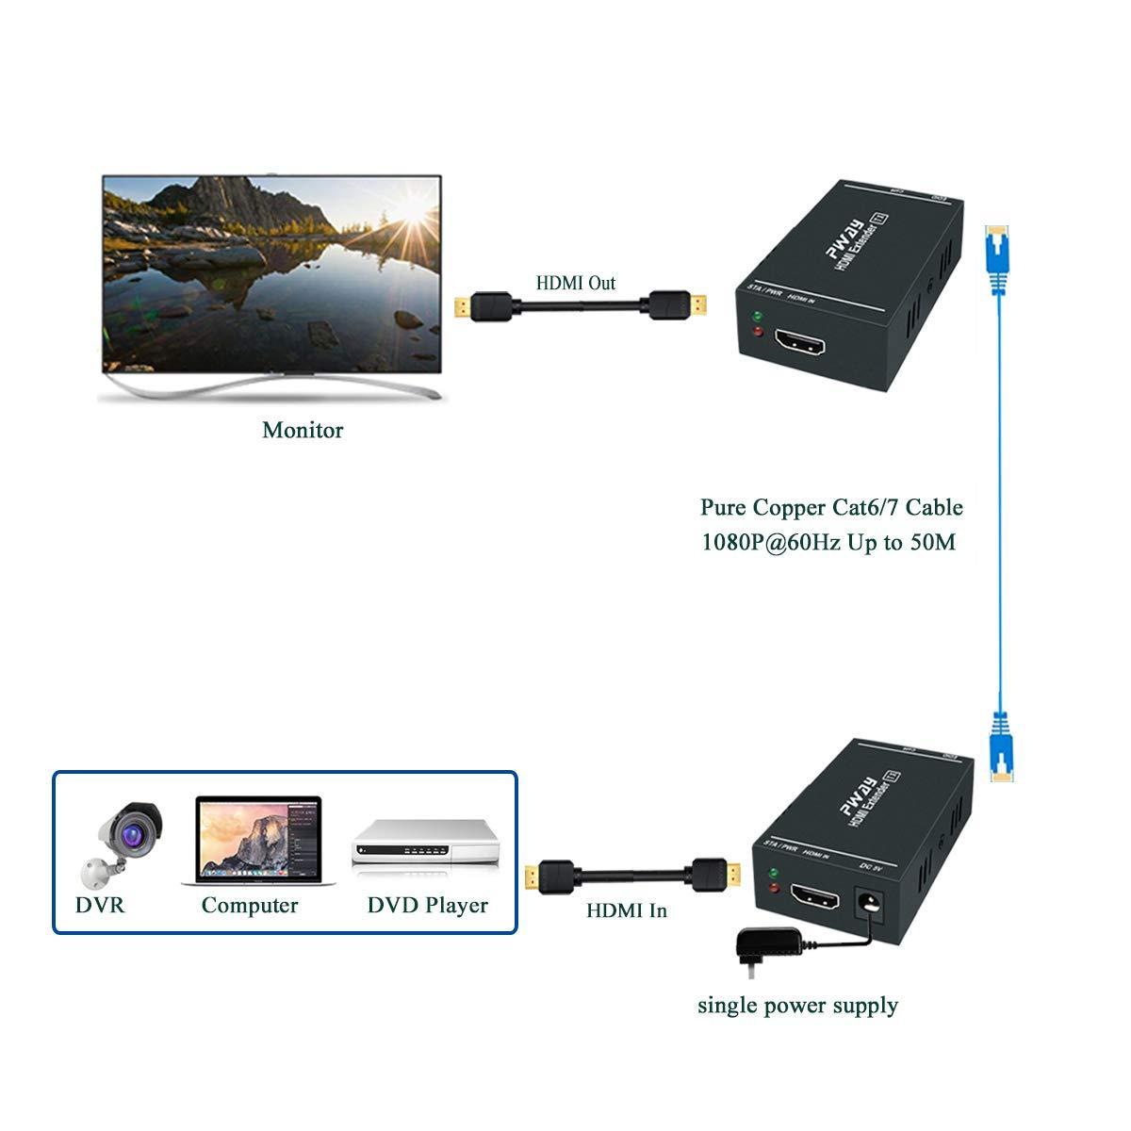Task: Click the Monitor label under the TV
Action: (302, 431)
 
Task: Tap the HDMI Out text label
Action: (575, 283)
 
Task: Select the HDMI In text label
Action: (626, 910)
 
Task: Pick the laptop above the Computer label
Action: (258, 841)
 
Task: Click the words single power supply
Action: (797, 1006)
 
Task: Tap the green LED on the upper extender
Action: (756, 316)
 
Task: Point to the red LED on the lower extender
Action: (774, 888)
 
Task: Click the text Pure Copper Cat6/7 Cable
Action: (831, 507)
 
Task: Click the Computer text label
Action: (249, 906)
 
